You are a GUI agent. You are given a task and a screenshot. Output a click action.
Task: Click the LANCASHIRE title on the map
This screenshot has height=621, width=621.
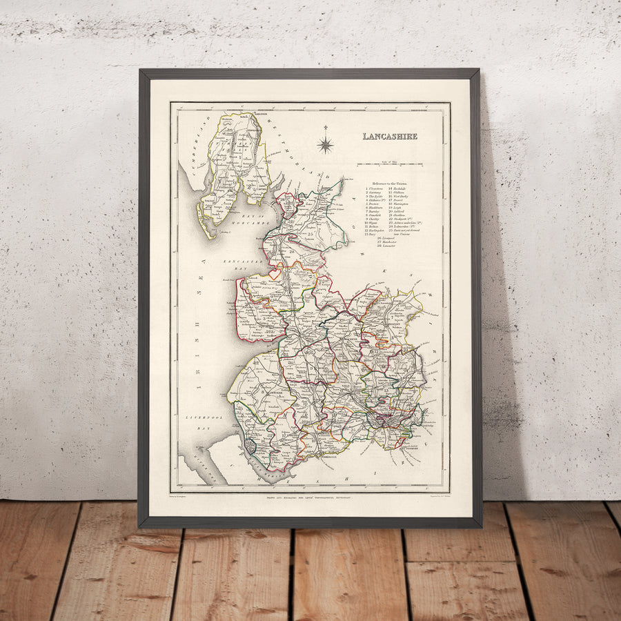[x=390, y=136]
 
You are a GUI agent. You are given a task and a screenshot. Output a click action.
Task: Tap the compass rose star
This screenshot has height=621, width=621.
[x=326, y=144]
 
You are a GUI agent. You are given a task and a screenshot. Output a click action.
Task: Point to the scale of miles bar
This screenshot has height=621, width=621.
[x=392, y=164]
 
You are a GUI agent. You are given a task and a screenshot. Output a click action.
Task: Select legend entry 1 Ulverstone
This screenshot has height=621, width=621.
[x=375, y=188]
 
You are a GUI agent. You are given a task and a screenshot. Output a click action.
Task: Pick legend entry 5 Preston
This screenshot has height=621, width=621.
[x=375, y=204]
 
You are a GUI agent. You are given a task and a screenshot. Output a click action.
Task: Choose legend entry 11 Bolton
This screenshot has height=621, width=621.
[x=375, y=226]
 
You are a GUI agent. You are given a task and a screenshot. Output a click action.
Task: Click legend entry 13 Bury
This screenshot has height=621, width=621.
[x=373, y=235]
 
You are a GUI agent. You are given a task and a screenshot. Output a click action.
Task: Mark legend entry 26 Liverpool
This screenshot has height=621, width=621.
[x=387, y=239]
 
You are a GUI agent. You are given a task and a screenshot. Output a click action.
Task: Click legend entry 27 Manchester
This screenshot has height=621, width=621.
[x=388, y=243]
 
